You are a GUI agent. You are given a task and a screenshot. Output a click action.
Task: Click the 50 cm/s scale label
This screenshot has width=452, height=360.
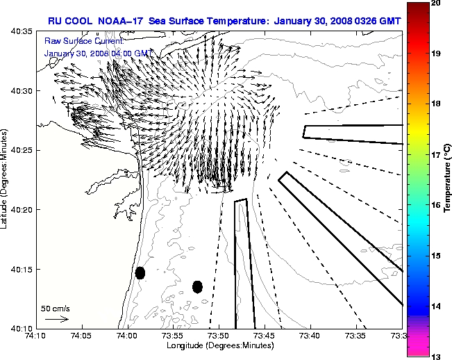[56, 308]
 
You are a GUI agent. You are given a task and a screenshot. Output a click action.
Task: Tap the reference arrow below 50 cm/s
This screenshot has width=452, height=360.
[56, 319]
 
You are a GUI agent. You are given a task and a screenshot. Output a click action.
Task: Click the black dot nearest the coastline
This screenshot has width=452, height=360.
[140, 272]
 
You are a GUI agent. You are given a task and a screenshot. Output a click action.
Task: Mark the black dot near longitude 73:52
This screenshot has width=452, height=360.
[197, 286]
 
